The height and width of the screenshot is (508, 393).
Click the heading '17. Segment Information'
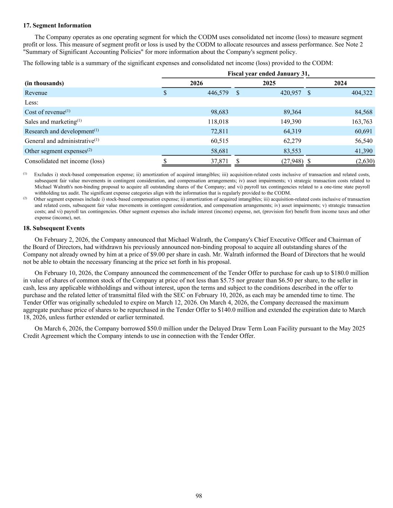pyautogui.click(x=57, y=25)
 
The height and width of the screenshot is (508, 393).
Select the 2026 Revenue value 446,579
pyautogui.click(x=218, y=93)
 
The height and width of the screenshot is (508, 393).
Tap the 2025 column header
pyautogui.click(x=269, y=83)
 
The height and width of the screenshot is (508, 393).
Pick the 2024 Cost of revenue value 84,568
pyautogui.click(x=362, y=112)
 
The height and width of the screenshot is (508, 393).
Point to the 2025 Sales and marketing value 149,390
pyautogui.click(x=291, y=122)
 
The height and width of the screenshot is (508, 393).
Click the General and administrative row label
pyautogui.click(x=62, y=141)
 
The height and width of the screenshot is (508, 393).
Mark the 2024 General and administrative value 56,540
pyautogui.click(x=362, y=141)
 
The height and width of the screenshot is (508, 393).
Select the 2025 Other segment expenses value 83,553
pyautogui.click(x=291, y=151)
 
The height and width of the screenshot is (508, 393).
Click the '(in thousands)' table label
pyautogui.click(x=44, y=83)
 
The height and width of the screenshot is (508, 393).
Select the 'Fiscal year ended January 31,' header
pyautogui.click(x=268, y=74)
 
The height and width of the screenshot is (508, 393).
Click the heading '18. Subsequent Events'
pyautogui.click(x=54, y=228)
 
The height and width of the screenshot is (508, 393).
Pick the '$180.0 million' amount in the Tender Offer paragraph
pyautogui.click(x=348, y=273)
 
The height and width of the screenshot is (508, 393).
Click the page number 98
pyautogui.click(x=199, y=496)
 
